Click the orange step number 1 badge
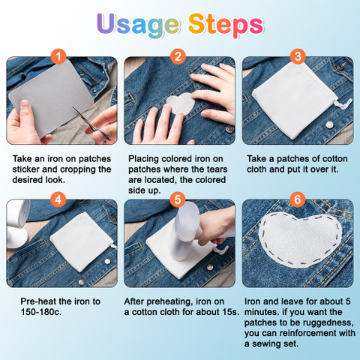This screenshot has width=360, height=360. click(x=58, y=56)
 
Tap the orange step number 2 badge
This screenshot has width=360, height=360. click(x=178, y=56)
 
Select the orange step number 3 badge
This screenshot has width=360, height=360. click(x=298, y=56)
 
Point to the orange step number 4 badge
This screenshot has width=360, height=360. click(x=58, y=199)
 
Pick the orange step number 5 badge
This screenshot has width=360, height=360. click(x=178, y=199)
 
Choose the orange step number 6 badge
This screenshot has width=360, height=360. click(x=298, y=199)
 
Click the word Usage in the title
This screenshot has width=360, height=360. click(x=138, y=25)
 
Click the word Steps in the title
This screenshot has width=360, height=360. click(x=226, y=25)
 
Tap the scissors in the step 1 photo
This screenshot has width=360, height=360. click(x=92, y=123)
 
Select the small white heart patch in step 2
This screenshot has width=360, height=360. click(x=181, y=103)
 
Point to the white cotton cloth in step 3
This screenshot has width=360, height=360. click(x=295, y=100)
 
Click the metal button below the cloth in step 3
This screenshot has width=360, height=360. click(x=330, y=124)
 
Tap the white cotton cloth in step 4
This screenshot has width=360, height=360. click(x=81, y=242)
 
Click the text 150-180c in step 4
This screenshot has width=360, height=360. click(x=41, y=312)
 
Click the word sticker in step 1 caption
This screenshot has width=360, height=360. click(x=26, y=169)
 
